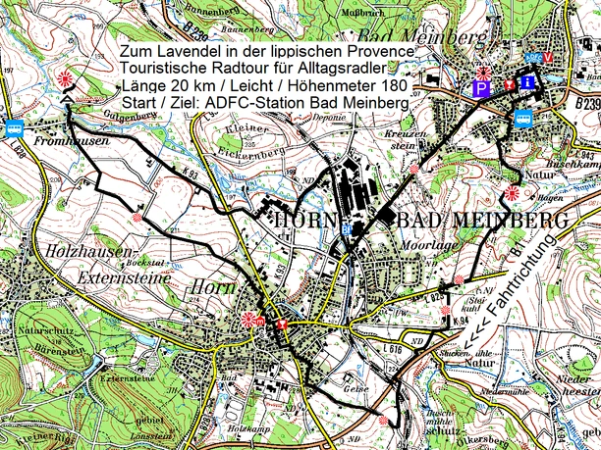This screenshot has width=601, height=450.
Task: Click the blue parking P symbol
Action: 481,88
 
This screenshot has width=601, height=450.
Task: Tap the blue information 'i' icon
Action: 527,82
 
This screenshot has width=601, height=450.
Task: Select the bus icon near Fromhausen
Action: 15,127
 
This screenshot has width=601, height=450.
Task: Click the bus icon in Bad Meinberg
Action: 523,119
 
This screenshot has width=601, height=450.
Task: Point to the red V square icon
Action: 547,58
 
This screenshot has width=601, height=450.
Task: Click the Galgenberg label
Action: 115,116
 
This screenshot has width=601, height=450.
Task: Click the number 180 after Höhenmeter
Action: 391,85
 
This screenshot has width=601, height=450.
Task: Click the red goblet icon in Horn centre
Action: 283,325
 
